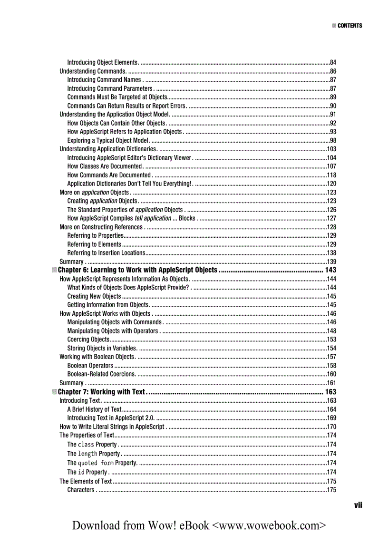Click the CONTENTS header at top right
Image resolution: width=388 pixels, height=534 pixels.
[x=349, y=26]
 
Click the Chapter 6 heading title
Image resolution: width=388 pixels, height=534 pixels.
[x=137, y=270]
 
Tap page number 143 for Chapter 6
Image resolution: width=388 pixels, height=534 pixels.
[x=330, y=270]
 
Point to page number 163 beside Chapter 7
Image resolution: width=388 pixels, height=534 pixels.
[x=330, y=392]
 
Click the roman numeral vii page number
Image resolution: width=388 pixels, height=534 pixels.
[x=358, y=505]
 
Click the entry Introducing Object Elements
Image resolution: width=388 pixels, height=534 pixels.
[x=102, y=62]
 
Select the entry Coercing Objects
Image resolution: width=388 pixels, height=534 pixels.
[x=88, y=340]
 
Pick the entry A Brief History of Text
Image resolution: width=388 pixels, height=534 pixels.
[x=94, y=409]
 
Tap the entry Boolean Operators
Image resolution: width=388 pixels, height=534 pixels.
[x=90, y=366]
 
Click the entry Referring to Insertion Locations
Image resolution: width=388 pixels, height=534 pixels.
[x=106, y=253]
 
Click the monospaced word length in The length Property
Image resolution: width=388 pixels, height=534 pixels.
[x=87, y=454]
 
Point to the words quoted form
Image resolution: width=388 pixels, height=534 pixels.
[x=96, y=463]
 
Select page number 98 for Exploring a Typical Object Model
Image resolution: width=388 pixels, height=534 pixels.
[x=333, y=140]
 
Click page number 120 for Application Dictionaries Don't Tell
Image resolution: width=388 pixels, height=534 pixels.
[x=331, y=184]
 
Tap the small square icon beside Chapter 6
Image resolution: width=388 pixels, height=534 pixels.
[x=54, y=270]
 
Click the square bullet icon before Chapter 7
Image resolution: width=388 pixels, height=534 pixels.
[x=54, y=392]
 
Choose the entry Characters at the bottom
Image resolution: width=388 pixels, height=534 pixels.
[x=81, y=490]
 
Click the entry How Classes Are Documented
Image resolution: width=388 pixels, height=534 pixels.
[x=105, y=166]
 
